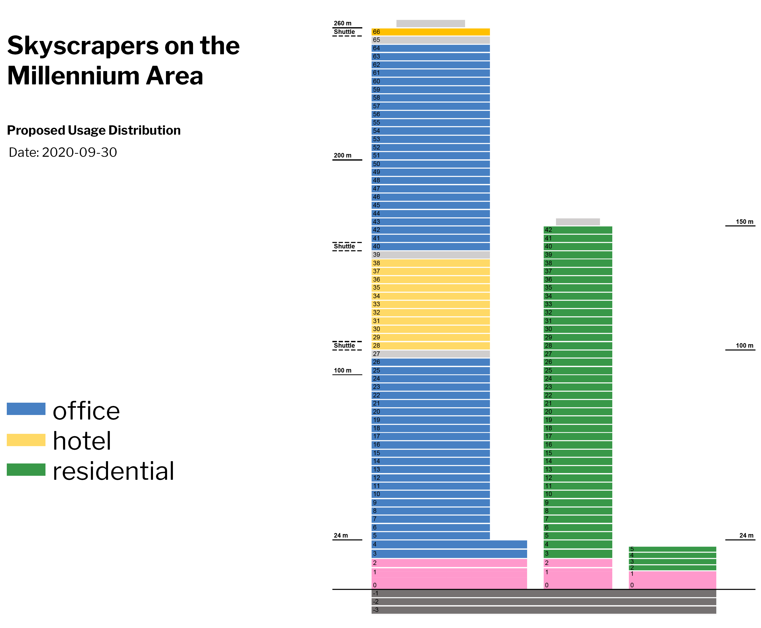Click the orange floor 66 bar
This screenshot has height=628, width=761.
coord(430,32)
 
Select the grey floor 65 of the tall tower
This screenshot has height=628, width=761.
coord(430,40)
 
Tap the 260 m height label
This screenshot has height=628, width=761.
coord(342,23)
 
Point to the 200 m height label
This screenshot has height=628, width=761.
coord(342,155)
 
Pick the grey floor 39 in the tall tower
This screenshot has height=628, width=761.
coord(430,255)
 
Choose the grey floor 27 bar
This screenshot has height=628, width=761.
coord(430,354)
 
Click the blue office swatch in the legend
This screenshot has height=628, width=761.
coord(26,409)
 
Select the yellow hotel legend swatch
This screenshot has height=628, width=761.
coord(26,440)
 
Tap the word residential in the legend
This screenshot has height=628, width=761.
coord(113,471)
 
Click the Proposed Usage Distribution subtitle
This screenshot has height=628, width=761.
coord(94,130)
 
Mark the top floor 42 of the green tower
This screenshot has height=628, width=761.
coord(578,230)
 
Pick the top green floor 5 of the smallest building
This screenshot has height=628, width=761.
coord(672,549)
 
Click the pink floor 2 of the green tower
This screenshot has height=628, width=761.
coord(578,563)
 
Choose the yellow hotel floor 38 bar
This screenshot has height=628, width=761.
coord(430,263)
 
